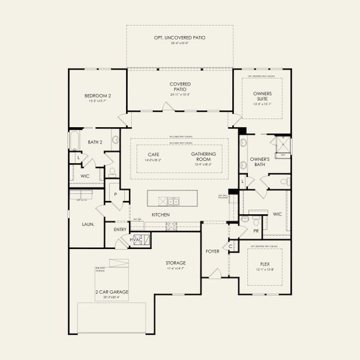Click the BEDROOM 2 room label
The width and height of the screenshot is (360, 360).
tap(97, 95)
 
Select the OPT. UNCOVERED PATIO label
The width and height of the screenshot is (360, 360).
tap(179, 38)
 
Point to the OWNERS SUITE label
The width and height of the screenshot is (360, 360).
tap(262, 96)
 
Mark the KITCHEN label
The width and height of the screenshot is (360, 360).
tap(160, 214)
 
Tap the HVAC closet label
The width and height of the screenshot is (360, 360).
tap(136, 240)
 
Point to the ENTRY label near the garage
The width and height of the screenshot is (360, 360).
tap(119, 229)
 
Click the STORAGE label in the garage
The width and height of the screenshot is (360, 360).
tap(176, 263)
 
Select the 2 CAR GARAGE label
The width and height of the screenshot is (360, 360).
tap(111, 292)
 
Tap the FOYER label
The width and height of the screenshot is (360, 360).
tap(213, 251)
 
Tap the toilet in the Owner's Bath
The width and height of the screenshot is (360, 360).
tap(284, 181)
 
